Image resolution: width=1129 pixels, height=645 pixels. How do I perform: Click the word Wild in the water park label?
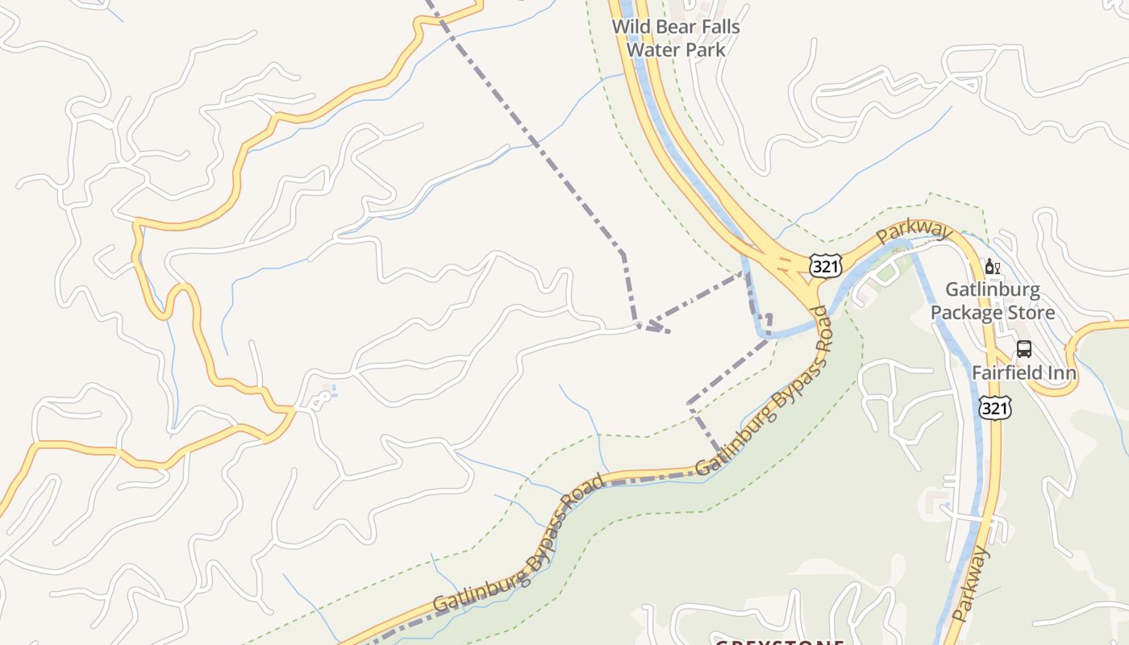[x=631, y=27]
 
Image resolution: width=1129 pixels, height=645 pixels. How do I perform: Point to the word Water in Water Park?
[x=652, y=49]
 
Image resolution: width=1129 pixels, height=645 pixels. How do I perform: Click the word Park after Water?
[x=705, y=49]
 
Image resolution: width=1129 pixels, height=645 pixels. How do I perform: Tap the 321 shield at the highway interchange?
[x=826, y=266]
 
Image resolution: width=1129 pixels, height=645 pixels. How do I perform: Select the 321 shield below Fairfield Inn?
[x=995, y=409]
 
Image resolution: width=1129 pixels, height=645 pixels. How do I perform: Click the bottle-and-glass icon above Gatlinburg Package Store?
[x=993, y=267]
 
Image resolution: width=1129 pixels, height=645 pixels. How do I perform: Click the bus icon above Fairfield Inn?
[x=1023, y=349]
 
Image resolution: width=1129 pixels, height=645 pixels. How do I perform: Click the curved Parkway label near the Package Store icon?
[x=914, y=231]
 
